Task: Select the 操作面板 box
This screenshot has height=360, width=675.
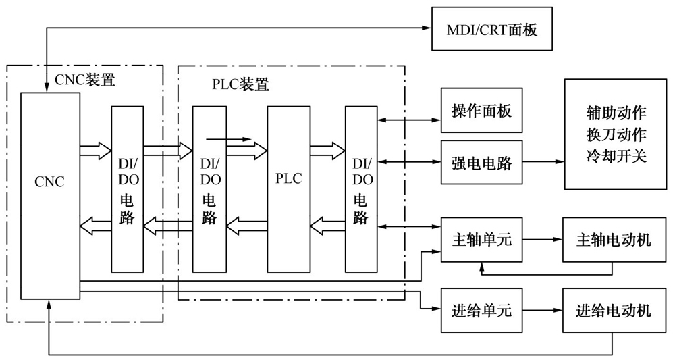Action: tap(481, 110)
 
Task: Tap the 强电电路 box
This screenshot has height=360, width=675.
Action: tap(481, 163)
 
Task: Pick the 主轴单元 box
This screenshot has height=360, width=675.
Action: tap(481, 240)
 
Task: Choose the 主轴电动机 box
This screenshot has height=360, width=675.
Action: tap(613, 240)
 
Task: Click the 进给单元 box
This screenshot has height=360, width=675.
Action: tap(481, 311)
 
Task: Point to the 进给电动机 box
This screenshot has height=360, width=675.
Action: tap(613, 311)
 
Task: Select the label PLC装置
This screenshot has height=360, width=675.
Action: tap(236, 84)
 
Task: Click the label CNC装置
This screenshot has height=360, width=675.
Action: tap(84, 80)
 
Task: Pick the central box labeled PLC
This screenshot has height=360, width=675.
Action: tap(288, 188)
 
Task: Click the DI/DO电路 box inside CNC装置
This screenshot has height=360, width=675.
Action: tap(127, 188)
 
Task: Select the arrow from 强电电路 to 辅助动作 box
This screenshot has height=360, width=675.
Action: tap(543, 163)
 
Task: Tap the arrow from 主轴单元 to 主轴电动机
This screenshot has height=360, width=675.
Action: tap(543, 240)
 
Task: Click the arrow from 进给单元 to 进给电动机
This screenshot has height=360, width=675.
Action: tap(543, 311)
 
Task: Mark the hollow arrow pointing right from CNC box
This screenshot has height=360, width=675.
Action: tap(94, 149)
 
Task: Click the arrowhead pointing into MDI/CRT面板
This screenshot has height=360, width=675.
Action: tap(426, 28)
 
